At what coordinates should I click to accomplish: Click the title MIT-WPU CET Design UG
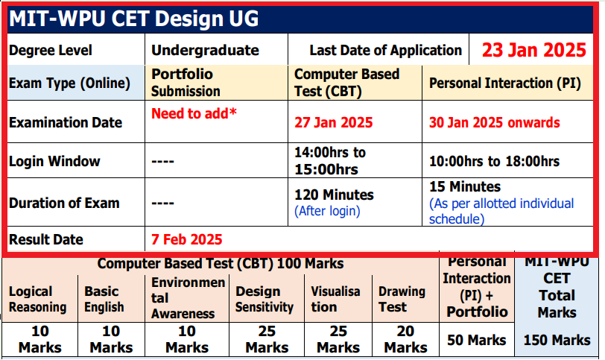click(134, 19)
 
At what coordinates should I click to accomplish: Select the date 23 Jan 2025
click(533, 50)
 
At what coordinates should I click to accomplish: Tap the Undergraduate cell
click(205, 51)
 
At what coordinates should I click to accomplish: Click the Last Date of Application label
click(386, 51)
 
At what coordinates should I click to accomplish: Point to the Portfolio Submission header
click(186, 83)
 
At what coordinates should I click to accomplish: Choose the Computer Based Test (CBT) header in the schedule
click(346, 83)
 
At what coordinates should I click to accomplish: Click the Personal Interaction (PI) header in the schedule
click(505, 83)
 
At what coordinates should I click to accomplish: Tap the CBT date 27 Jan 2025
click(334, 122)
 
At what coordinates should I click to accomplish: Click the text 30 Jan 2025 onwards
click(495, 122)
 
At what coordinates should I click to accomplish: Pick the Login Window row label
click(54, 161)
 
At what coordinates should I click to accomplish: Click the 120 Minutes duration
click(335, 195)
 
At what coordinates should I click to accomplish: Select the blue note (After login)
click(328, 211)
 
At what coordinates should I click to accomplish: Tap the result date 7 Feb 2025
click(187, 240)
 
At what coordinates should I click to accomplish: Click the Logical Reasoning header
click(38, 299)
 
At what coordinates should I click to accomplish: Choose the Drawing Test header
click(402, 299)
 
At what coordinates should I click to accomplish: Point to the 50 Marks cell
click(477, 340)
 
